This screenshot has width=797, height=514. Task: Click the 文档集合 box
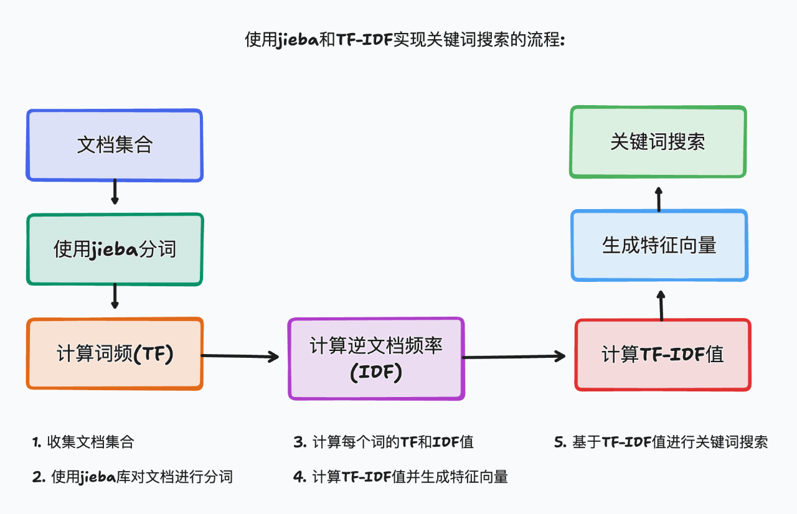(x=115, y=146)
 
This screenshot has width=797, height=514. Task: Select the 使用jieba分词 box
(x=115, y=250)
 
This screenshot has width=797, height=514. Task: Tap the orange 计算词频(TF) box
(x=115, y=353)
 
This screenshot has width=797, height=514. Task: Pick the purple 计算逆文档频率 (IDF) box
(x=375, y=358)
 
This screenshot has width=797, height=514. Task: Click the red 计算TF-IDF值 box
(x=663, y=355)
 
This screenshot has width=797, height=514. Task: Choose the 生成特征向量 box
(x=659, y=245)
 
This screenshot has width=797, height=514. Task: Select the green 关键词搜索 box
(x=658, y=142)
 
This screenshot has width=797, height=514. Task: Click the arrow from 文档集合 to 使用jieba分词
(x=115, y=192)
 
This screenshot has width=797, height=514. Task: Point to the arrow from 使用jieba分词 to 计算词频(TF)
(x=115, y=296)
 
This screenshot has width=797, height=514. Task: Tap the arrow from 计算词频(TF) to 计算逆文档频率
(x=240, y=356)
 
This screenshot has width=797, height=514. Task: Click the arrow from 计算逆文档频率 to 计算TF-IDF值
(x=514, y=357)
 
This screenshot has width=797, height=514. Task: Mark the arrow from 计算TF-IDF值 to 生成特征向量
(x=661, y=305)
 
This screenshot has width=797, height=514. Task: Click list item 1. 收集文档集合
(x=83, y=442)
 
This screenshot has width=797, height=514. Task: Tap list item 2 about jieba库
(x=133, y=477)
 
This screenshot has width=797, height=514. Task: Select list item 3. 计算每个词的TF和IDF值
(x=384, y=442)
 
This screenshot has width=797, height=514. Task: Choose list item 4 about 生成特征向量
(x=401, y=477)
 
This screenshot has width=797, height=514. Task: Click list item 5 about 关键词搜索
(x=661, y=442)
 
